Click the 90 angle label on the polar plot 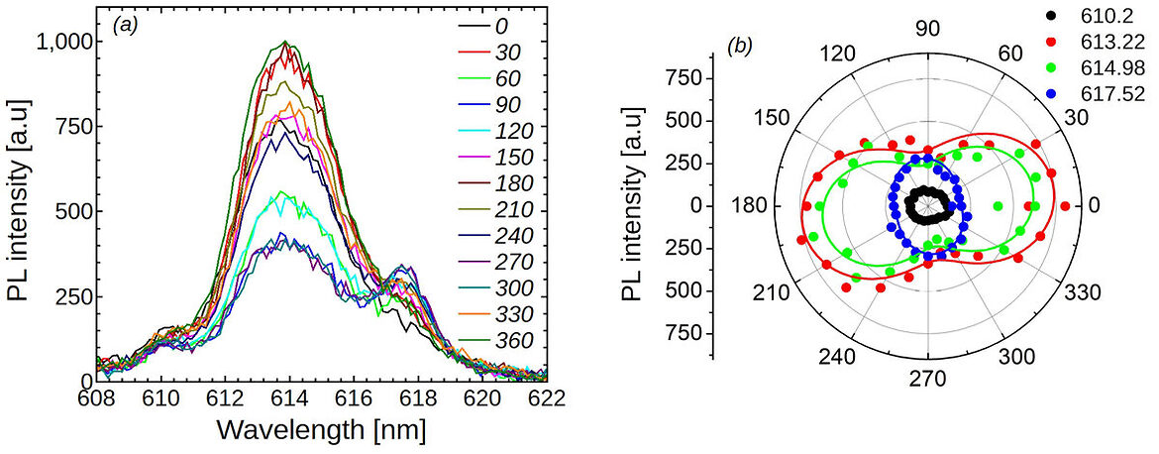coord(927,29)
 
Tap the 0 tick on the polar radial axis coord(707,206)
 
